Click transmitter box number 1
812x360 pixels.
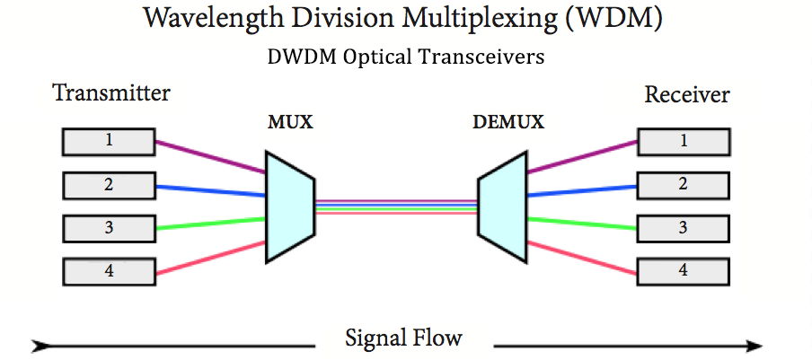[x=108, y=141]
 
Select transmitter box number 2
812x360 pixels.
[x=108, y=185]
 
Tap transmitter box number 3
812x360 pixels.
[x=108, y=228]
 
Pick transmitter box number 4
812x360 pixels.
[x=108, y=270]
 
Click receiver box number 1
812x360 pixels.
[x=683, y=141]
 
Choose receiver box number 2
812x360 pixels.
[x=683, y=185]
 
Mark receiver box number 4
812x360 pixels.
[x=683, y=269]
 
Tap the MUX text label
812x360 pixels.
[x=290, y=122]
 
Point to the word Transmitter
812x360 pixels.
[x=111, y=93]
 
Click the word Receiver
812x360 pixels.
[x=687, y=95]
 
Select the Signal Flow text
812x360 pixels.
[x=403, y=338]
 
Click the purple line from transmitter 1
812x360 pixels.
[x=211, y=155]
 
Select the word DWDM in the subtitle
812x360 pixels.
[x=297, y=57]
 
